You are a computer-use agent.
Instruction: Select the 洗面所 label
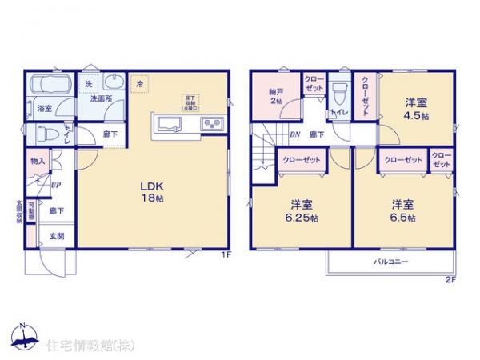(100, 99)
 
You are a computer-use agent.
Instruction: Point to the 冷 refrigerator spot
(141, 83)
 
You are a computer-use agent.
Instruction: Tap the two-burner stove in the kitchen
(213, 123)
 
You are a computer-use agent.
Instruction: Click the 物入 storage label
(38, 161)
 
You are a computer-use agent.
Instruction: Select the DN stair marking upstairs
(294, 134)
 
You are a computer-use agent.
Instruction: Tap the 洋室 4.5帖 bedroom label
(415, 108)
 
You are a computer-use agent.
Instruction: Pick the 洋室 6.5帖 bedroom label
(403, 210)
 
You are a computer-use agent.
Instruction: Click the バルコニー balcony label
(390, 262)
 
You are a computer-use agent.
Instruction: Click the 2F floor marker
(450, 279)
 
